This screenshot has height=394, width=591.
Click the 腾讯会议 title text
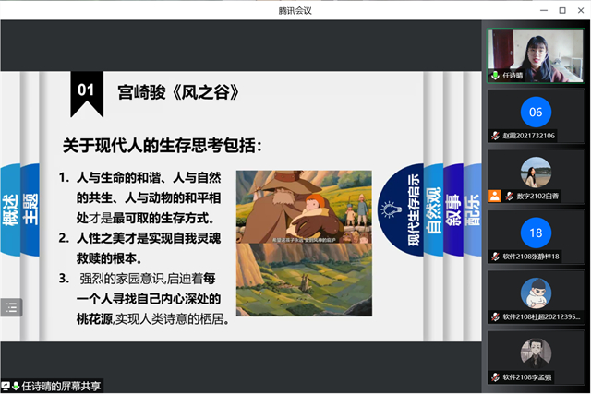(295, 9)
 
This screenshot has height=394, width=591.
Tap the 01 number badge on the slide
(86, 90)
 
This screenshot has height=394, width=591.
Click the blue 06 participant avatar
(536, 113)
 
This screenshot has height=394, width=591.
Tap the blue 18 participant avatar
(536, 233)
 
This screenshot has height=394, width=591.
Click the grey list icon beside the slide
(11, 307)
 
